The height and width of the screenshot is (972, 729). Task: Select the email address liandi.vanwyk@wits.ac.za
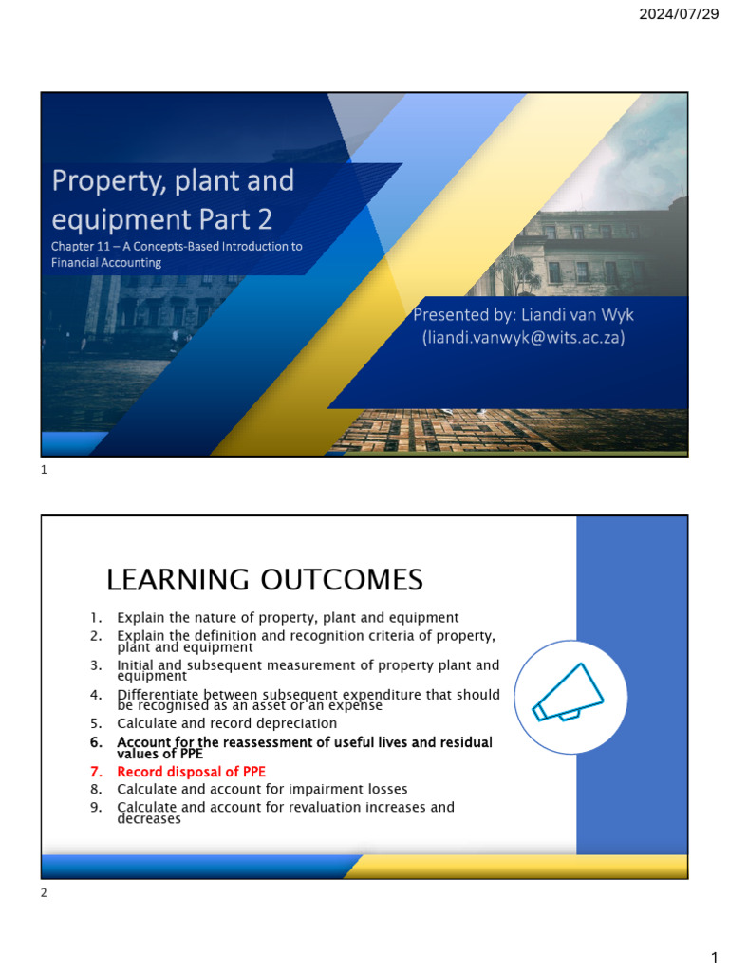523,337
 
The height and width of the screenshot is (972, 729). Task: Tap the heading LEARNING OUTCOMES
264,578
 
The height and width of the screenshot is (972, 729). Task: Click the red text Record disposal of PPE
191,772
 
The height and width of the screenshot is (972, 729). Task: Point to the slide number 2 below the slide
44,893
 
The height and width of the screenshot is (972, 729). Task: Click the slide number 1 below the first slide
44,469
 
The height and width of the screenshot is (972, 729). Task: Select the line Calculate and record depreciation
227,723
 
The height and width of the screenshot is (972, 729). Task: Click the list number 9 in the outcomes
96,807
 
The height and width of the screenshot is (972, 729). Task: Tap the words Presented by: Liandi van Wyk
523,314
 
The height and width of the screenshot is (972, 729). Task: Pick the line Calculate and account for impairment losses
262,789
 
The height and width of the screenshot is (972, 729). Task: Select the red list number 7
96,772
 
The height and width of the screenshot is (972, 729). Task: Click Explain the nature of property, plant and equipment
288,617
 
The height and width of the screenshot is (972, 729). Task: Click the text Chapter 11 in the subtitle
79,247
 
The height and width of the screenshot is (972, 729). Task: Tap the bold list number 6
96,741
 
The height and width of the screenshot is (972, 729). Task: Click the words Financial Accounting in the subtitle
106,263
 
